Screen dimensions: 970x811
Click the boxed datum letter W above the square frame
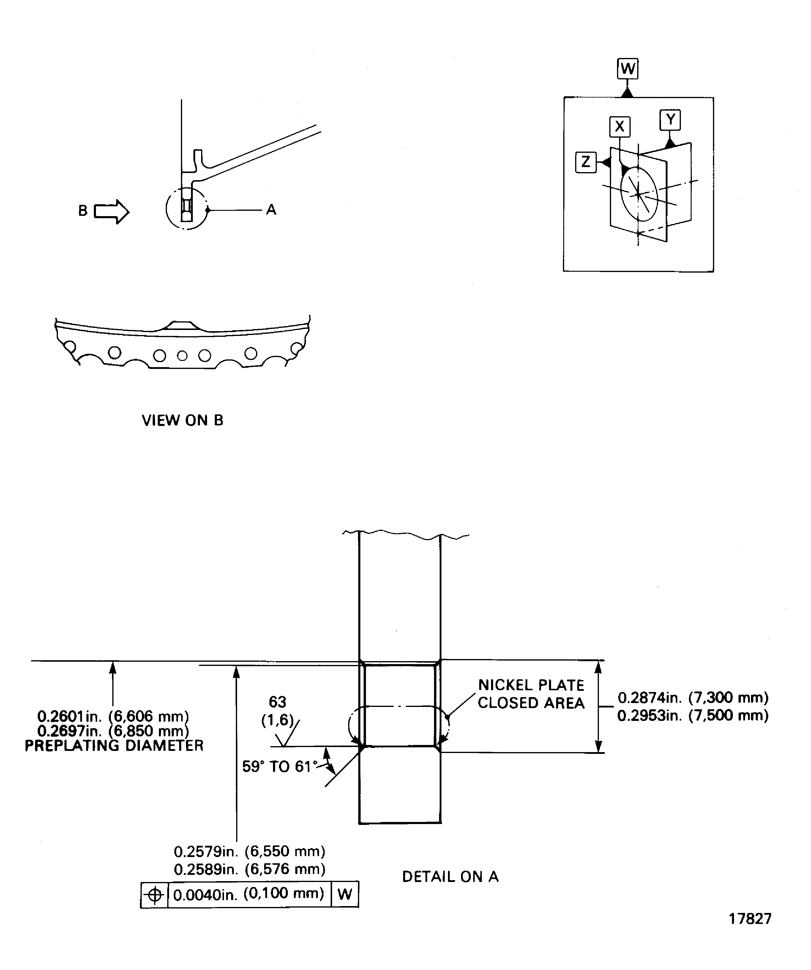pyautogui.click(x=627, y=69)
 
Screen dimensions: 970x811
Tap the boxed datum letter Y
pyautogui.click(x=670, y=120)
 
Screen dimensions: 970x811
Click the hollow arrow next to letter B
pyautogui.click(x=112, y=212)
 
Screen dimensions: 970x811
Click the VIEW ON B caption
pyautogui.click(x=182, y=420)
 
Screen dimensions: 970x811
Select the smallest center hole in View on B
pyautogui.click(x=182, y=356)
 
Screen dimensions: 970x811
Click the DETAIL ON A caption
pyautogui.click(x=450, y=877)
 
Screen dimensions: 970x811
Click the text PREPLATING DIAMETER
pyautogui.click(x=114, y=746)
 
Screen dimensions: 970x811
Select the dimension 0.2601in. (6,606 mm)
pyautogui.click(x=113, y=716)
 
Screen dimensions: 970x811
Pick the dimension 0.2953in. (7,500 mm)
pyautogui.click(x=692, y=716)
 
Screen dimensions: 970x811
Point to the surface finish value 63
pyautogui.click(x=277, y=702)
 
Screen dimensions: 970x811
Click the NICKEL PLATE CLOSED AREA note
pyautogui.click(x=531, y=694)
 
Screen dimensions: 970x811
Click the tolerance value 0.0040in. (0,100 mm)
pyautogui.click(x=249, y=894)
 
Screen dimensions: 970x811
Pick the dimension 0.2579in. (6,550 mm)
pyautogui.click(x=249, y=851)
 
